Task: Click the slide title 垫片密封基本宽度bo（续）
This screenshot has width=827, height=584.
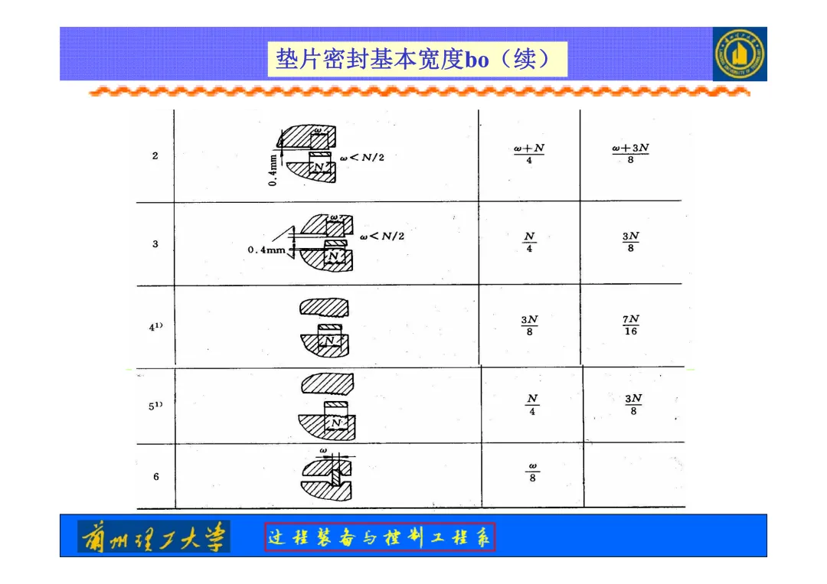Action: click(417, 59)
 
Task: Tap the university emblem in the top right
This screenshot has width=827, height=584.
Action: click(739, 54)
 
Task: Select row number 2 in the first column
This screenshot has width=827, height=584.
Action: click(155, 156)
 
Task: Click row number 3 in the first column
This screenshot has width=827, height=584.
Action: click(155, 244)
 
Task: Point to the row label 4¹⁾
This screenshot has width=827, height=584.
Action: click(156, 327)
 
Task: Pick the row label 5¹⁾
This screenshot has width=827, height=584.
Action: click(156, 406)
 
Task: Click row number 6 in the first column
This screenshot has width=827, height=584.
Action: click(156, 477)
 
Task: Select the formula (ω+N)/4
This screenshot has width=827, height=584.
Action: click(529, 154)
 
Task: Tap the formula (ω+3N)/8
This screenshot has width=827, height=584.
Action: click(630, 154)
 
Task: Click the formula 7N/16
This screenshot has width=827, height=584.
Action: click(630, 325)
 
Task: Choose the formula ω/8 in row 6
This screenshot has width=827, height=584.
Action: click(532, 471)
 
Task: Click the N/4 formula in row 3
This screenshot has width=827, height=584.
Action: click(529, 242)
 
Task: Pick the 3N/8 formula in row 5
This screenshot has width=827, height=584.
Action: click(633, 405)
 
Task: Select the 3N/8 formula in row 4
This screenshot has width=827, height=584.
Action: click(529, 325)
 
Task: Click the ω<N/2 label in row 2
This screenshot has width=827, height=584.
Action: click(361, 158)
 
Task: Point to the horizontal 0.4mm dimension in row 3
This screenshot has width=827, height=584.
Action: click(266, 250)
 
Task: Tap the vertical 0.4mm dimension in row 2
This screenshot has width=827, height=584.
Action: click(273, 168)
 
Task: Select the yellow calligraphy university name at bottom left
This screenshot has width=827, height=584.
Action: click(154, 537)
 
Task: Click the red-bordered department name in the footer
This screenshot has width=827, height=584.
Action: click(381, 537)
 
